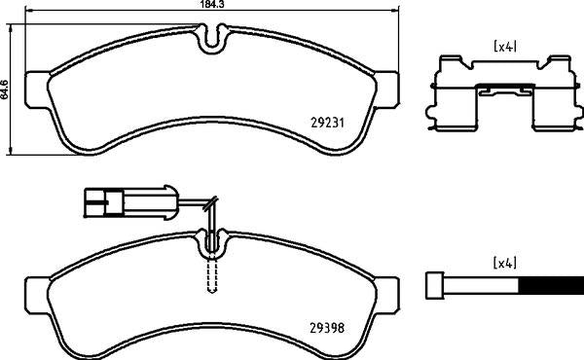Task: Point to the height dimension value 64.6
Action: point(6,89)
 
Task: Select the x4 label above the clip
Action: point(504,46)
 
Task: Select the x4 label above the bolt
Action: point(504,263)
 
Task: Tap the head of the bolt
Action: point(435,285)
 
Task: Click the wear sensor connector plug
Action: point(101,204)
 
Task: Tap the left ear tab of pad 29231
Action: point(35,87)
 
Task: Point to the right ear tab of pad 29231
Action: point(387,87)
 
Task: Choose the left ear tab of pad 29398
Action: point(35,291)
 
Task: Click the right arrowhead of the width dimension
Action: point(397,11)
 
